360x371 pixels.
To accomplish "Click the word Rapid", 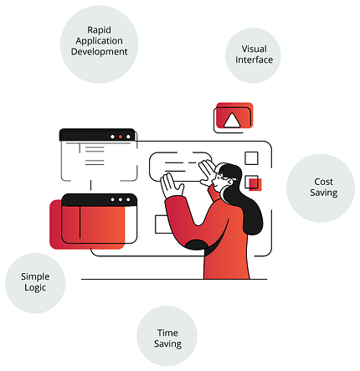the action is (x=99, y=29).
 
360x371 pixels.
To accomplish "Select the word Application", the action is (x=99, y=41).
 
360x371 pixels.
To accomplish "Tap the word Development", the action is (x=99, y=52).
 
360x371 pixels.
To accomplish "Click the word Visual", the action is (x=254, y=49).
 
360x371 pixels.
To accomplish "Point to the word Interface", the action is (x=254, y=59).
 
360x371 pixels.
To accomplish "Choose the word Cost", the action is (x=323, y=182).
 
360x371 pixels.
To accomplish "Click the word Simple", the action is (x=35, y=276).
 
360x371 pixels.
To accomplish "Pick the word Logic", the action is (x=35, y=288).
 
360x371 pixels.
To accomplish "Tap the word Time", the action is (x=167, y=332).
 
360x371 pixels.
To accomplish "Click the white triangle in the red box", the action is (x=232, y=121).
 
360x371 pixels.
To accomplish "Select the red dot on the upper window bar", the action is (x=121, y=137).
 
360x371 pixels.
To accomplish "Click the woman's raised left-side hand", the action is (x=171, y=185).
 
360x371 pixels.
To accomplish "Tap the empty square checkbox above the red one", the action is (x=251, y=158).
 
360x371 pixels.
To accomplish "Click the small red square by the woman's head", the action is (x=255, y=184).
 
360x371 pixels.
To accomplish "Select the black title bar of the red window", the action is (x=99, y=200).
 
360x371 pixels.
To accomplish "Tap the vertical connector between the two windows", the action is (x=90, y=185).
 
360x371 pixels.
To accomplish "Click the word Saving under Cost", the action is (x=324, y=193).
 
